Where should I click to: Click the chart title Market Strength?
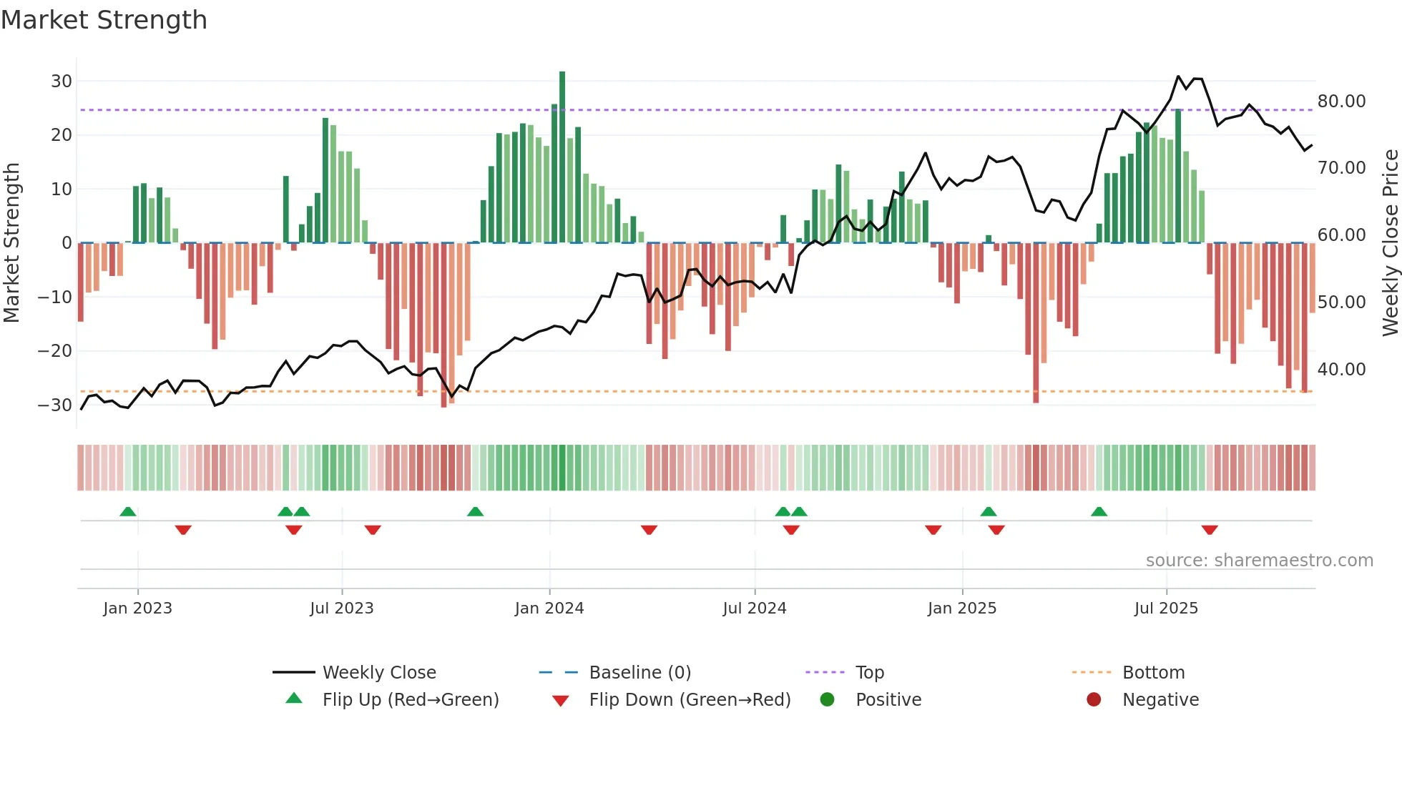coord(104,20)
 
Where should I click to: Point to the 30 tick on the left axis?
coord(62,82)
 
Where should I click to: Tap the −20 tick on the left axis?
coord(55,351)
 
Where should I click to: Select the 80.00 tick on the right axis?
coord(1341,102)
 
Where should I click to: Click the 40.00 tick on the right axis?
coord(1341,370)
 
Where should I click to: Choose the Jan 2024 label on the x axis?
coord(549,609)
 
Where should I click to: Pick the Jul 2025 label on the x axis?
coord(1166,609)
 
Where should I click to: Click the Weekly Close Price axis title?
coord(1390,243)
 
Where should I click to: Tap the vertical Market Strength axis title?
coord(12,243)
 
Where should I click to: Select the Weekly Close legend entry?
coord(379,673)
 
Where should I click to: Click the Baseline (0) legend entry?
coord(639,673)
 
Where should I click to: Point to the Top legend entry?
coord(870,673)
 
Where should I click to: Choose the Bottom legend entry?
coord(1153,673)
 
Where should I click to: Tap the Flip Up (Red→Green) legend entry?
coord(410,700)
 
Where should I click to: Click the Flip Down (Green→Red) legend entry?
coord(690,700)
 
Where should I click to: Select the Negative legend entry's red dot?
coord(1094,700)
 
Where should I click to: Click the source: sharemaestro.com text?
coord(1259,561)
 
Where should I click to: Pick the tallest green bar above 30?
coord(562,157)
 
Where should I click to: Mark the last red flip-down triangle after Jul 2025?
coord(1210,530)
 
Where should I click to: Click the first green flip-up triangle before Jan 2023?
coord(128,511)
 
